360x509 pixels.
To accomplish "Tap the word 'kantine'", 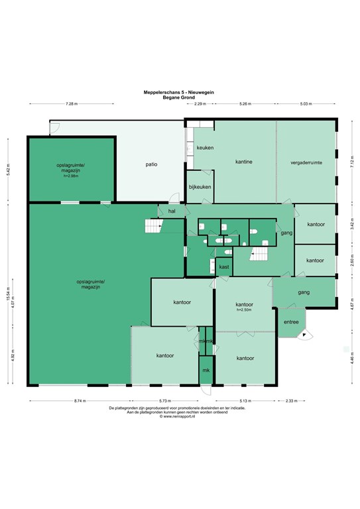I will [x=244, y=162].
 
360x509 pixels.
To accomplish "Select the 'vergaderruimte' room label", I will [x=306, y=162].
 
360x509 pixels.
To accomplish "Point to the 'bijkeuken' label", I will [x=200, y=187].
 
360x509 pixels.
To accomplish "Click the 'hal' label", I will [x=171, y=211].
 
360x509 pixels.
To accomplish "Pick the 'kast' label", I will [x=224, y=267].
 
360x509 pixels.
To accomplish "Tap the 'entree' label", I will [x=290, y=322].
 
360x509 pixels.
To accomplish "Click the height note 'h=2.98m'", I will [x=71, y=177].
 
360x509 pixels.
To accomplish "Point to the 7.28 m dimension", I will [x=72, y=104].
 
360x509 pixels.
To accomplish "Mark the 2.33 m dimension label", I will [x=291, y=401].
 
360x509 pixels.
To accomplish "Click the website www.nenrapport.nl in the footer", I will [x=180, y=416].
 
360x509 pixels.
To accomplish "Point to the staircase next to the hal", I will [x=154, y=227].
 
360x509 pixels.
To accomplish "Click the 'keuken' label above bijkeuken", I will [x=205, y=147].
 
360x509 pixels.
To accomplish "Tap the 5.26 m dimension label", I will [x=246, y=104].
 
